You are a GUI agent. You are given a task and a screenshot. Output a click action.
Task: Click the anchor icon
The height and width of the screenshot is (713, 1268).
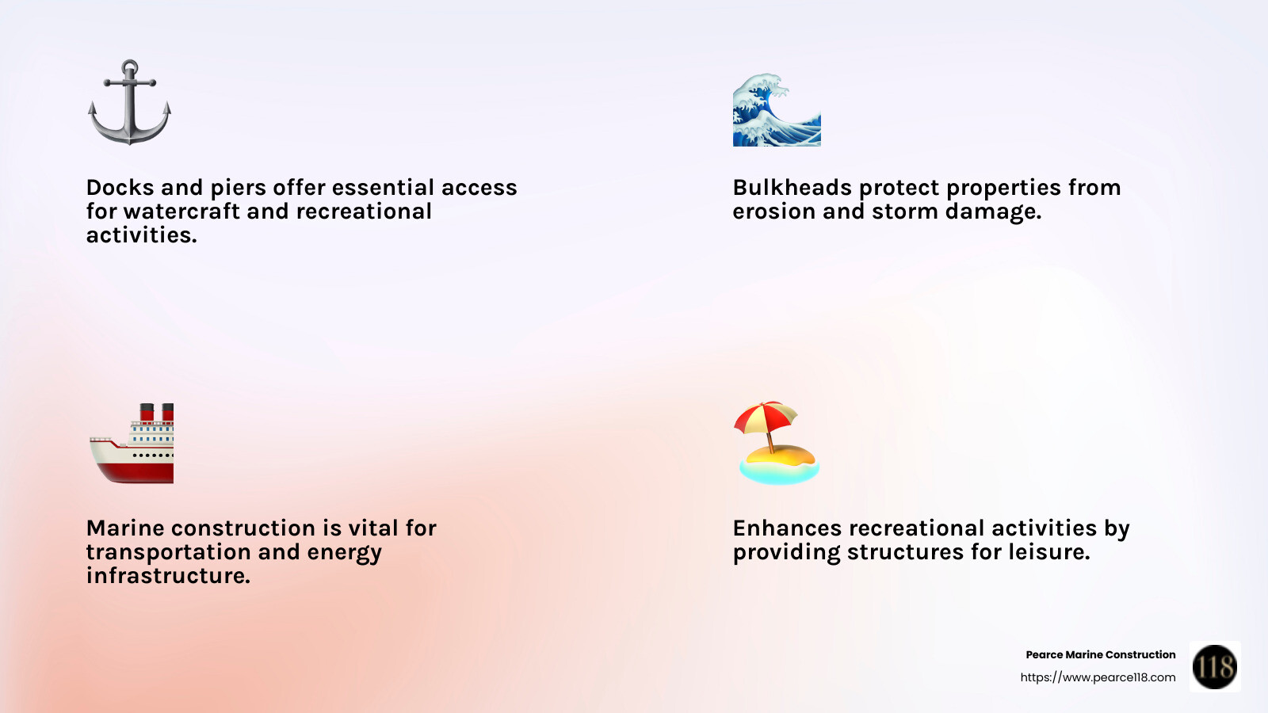pyautogui.click(x=129, y=103)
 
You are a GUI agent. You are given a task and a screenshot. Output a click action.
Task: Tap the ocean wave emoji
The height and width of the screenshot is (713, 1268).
pyautogui.click(x=777, y=111)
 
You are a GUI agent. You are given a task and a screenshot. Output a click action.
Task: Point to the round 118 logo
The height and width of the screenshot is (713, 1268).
pyautogui.click(x=1215, y=666)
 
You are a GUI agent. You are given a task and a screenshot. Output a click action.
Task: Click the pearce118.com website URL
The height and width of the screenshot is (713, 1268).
pyautogui.click(x=1098, y=677)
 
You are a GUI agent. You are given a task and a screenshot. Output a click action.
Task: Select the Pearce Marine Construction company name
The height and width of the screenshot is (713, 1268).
pyautogui.click(x=1100, y=654)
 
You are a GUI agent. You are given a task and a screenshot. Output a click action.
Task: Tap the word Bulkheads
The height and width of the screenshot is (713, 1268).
pyautogui.click(x=792, y=188)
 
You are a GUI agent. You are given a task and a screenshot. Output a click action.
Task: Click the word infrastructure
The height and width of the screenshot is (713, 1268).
pyautogui.click(x=168, y=576)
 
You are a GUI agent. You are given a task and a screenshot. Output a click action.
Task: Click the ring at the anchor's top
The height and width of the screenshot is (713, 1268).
pyautogui.click(x=130, y=67)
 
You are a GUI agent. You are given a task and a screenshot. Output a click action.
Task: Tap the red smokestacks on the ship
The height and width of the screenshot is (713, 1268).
pyautogui.click(x=157, y=412)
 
